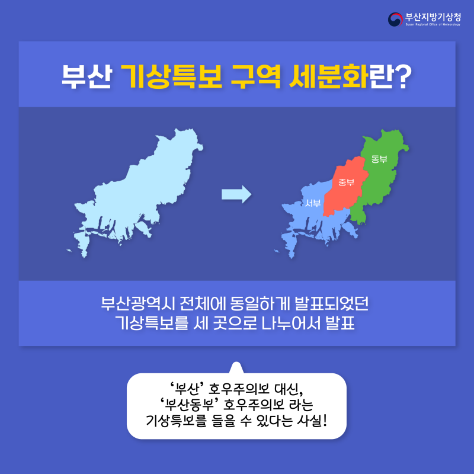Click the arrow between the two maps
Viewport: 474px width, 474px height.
(x=236, y=194)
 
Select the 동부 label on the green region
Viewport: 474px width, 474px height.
(x=379, y=159)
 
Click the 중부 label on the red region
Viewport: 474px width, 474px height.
(x=346, y=182)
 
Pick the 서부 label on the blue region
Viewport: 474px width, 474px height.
(x=313, y=203)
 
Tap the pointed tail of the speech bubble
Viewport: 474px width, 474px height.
(x=236, y=367)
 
